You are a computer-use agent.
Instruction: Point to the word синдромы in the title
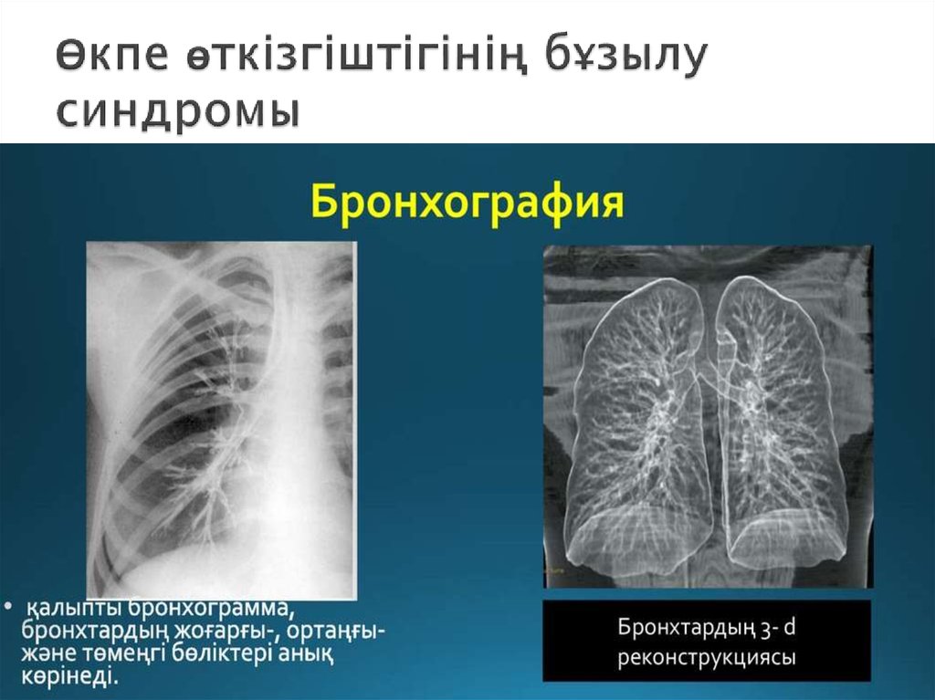pyautogui.click(x=177, y=111)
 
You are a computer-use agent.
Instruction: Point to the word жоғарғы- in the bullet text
pyautogui.click(x=219, y=632)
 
